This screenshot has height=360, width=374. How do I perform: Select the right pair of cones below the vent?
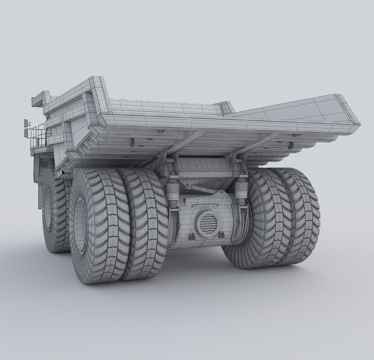point(221,235)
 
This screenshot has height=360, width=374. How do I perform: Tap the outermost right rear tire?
point(299,217)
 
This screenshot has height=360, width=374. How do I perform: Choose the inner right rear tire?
point(262,221)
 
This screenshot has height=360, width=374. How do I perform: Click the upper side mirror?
point(26,123)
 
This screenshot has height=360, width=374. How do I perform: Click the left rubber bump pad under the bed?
point(132,142)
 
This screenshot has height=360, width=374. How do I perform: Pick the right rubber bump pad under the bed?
point(291,144)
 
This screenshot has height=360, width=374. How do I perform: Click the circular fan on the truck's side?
point(44,164)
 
